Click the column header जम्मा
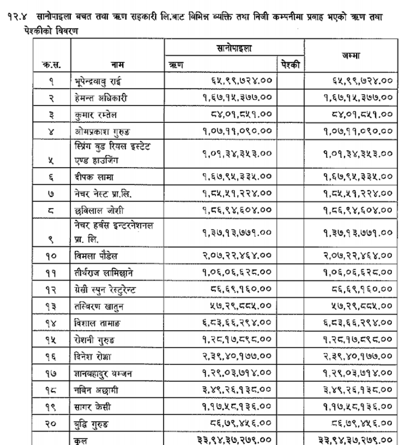[x=350, y=56]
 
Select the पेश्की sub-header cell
[x=291, y=65]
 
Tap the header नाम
[x=117, y=65]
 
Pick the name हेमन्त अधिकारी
[x=101, y=98]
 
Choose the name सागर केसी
[x=92, y=407]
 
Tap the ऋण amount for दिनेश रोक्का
[x=236, y=356]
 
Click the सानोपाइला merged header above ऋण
[x=234, y=48]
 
